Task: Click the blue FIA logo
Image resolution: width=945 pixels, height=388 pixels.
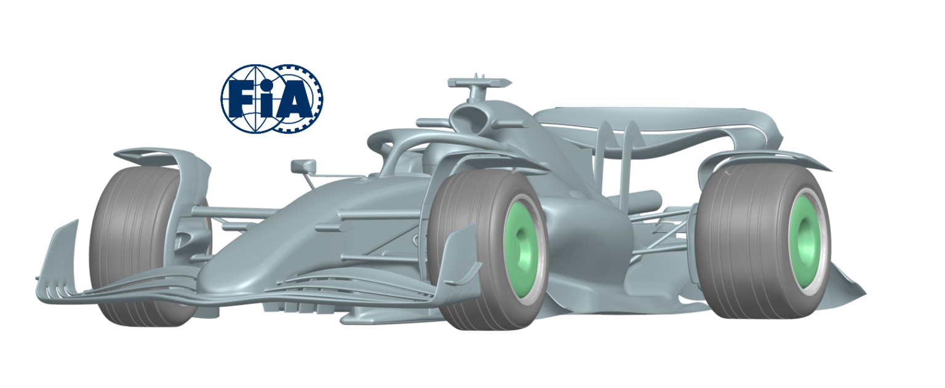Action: click(x=272, y=98)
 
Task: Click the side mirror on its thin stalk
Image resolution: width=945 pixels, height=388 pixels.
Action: click(x=303, y=166)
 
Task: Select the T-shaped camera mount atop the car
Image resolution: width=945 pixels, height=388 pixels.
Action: click(x=479, y=83)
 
